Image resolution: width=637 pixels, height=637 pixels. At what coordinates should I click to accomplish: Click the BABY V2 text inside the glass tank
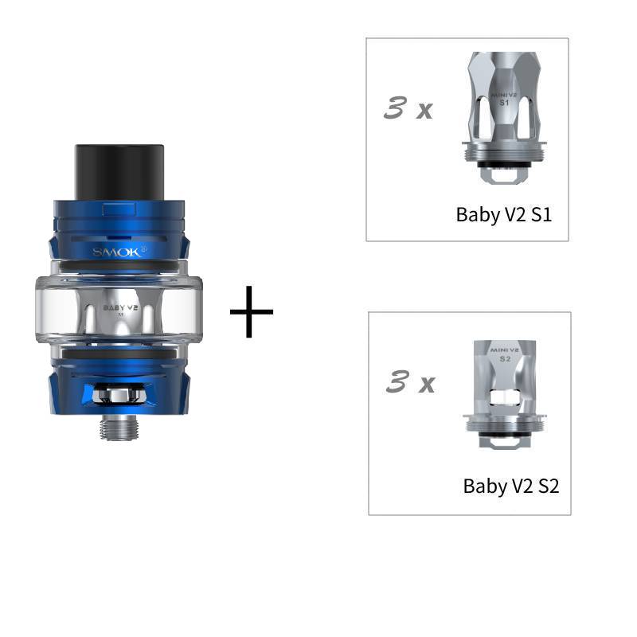coord(117,306)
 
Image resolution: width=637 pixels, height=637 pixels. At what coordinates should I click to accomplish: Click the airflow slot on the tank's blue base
coord(117,393)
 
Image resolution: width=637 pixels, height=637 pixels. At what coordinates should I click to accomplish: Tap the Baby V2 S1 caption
coord(503,214)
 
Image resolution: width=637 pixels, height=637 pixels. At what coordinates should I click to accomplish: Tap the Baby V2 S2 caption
coord(510,486)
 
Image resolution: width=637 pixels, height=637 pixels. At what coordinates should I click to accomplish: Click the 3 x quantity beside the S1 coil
coord(408,108)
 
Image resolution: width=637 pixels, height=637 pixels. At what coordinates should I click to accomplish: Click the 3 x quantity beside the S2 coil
coord(409,383)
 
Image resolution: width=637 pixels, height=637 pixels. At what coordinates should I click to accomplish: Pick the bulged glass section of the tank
coord(117,307)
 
